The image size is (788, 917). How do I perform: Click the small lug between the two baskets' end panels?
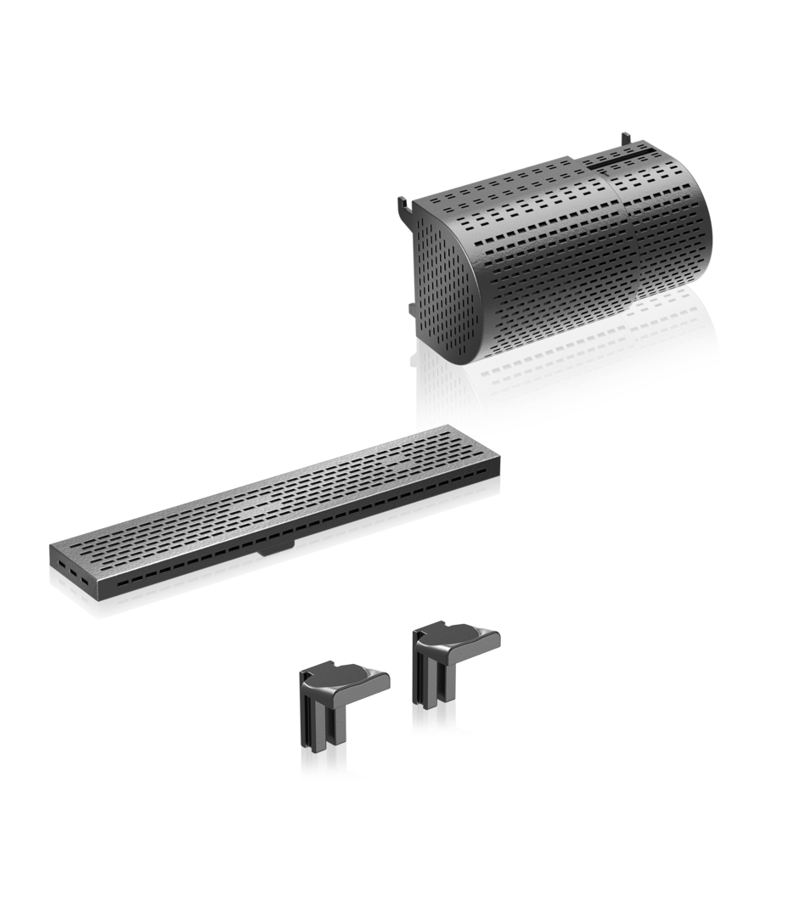coord(414,306)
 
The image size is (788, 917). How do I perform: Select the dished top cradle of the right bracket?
coord(459,637)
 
